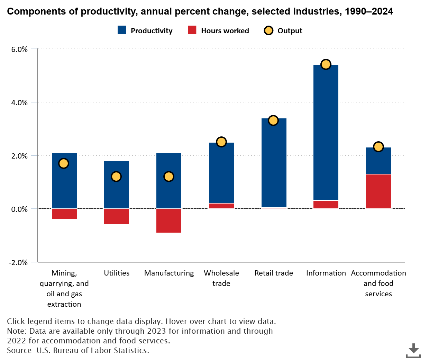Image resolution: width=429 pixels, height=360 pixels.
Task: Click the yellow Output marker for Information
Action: [326, 64]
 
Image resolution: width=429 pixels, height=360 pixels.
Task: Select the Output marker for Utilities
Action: [116, 177]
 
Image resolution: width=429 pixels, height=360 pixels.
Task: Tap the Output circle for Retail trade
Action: [273, 120]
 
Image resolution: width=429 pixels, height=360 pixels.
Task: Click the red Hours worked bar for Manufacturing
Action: [169, 221]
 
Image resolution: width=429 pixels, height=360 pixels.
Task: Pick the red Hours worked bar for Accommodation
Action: [378, 191]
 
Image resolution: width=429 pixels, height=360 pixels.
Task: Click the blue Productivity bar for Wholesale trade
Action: [221, 173]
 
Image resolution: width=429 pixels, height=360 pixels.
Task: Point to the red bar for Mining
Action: [64, 214]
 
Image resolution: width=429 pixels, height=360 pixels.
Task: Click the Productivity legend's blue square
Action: [122, 30]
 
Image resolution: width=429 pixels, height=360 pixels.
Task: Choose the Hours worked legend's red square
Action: [192, 30]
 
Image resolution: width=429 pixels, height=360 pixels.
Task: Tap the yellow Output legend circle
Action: [268, 31]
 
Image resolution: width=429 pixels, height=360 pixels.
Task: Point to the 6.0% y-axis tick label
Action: [19, 49]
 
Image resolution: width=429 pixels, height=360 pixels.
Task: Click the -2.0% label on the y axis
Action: [18, 262]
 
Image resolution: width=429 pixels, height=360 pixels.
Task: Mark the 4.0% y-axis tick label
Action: [19, 102]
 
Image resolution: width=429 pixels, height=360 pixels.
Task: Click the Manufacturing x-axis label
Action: [169, 273]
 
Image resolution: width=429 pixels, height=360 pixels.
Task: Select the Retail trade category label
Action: [274, 273]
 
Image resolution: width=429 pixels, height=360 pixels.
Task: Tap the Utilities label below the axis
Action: [117, 273]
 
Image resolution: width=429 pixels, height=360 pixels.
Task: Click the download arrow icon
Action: [413, 350]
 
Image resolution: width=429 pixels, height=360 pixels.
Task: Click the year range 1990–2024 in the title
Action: [369, 11]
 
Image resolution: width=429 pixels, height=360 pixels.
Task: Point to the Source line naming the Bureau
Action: [78, 350]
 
